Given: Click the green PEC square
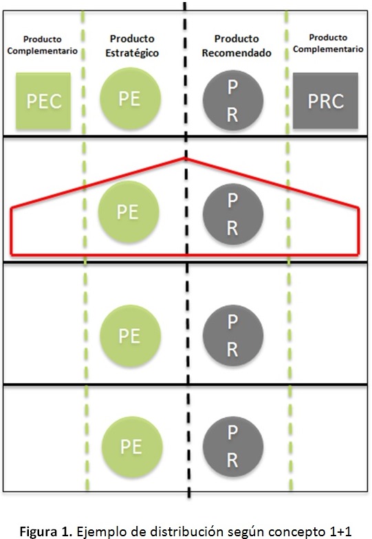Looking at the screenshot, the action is [43, 101].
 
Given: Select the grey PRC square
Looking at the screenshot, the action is [325, 101].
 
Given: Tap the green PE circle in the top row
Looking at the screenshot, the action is [131, 99].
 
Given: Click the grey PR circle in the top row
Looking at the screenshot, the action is [233, 100].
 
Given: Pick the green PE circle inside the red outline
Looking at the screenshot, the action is [129, 211].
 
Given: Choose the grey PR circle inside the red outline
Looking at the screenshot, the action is [233, 214].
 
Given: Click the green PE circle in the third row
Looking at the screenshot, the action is [131, 336].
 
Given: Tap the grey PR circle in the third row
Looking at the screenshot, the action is [233, 335].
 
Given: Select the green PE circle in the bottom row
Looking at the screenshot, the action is [132, 447].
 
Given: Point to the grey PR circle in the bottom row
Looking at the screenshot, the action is [233, 446].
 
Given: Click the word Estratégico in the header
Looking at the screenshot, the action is [132, 54].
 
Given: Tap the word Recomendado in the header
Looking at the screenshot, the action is [237, 53].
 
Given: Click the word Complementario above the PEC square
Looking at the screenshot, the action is [43, 51].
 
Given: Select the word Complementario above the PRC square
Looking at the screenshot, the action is [328, 49].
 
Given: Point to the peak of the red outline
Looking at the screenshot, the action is [186, 158].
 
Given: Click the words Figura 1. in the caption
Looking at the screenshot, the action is [46, 531].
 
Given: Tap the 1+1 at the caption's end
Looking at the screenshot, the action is [338, 531].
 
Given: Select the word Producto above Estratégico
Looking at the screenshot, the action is [132, 38].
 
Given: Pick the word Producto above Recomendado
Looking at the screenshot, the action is [237, 38].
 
